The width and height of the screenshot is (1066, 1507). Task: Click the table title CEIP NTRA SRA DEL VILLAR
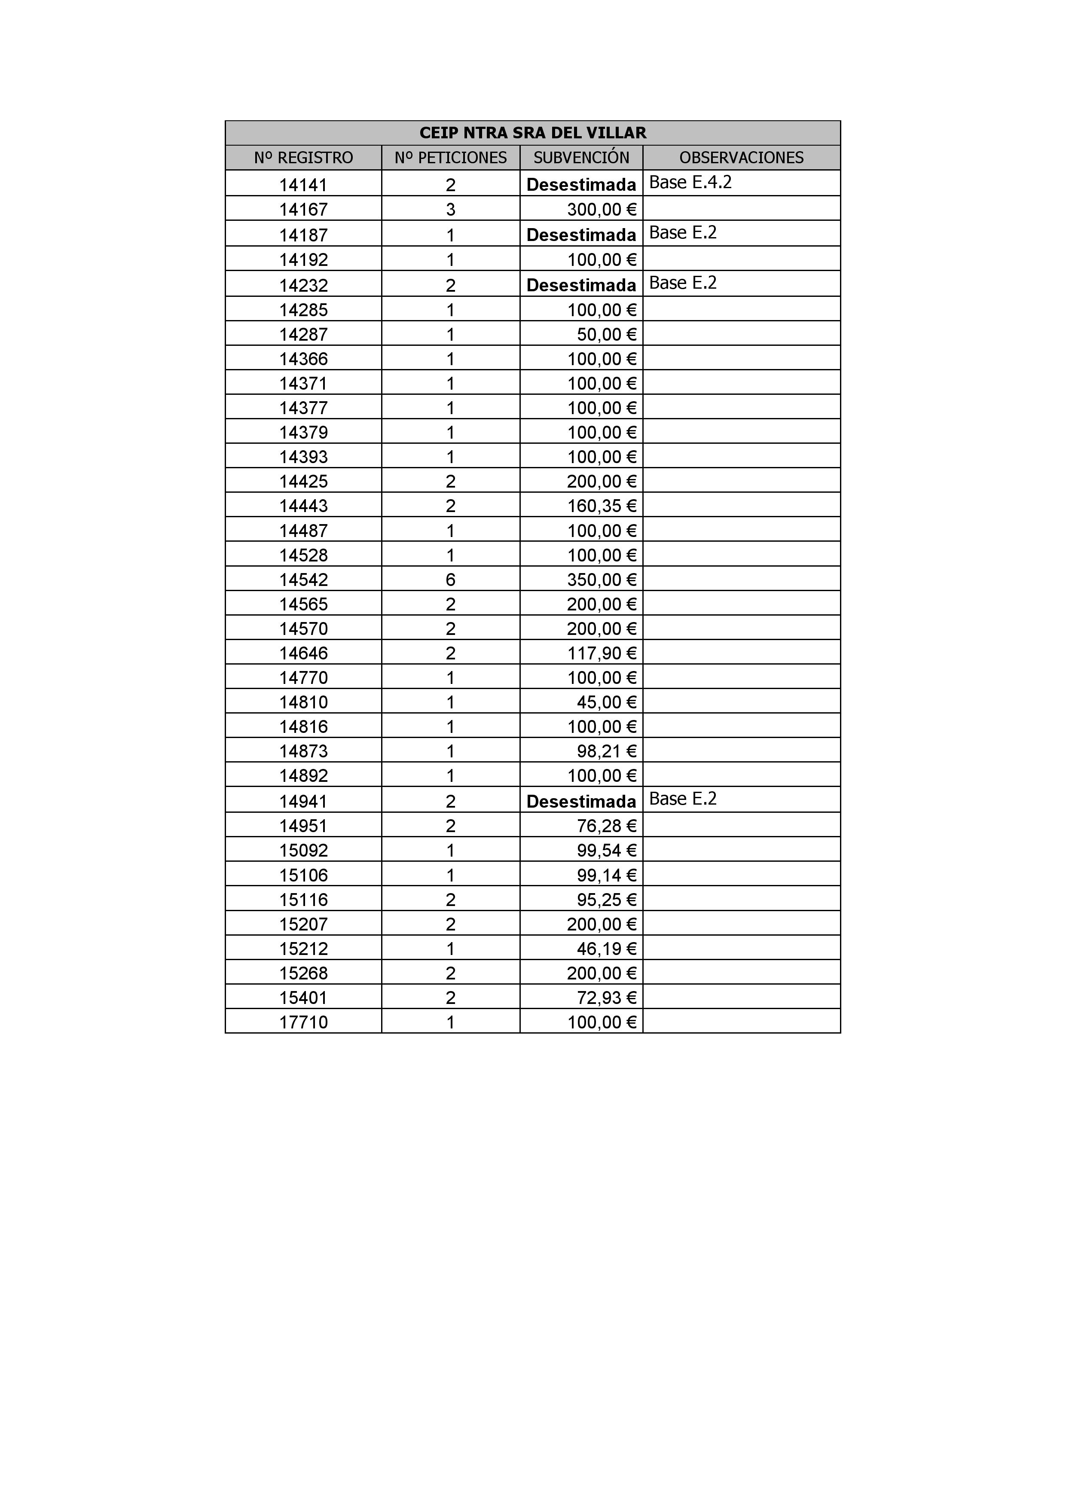coord(532,133)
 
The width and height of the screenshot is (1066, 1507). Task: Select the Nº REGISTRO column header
coord(303,158)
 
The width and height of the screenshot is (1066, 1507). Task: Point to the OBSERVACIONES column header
coord(741,158)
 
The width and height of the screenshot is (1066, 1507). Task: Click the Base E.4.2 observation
coord(690,183)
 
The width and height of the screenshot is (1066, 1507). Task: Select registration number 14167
coord(303,210)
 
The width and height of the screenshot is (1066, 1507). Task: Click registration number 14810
coord(303,703)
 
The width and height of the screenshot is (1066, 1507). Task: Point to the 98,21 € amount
coord(607,751)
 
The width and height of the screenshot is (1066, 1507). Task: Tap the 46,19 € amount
coord(607,949)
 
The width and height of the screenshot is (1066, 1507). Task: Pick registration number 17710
coord(303,1022)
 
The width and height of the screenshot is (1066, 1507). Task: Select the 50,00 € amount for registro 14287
coord(607,335)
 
